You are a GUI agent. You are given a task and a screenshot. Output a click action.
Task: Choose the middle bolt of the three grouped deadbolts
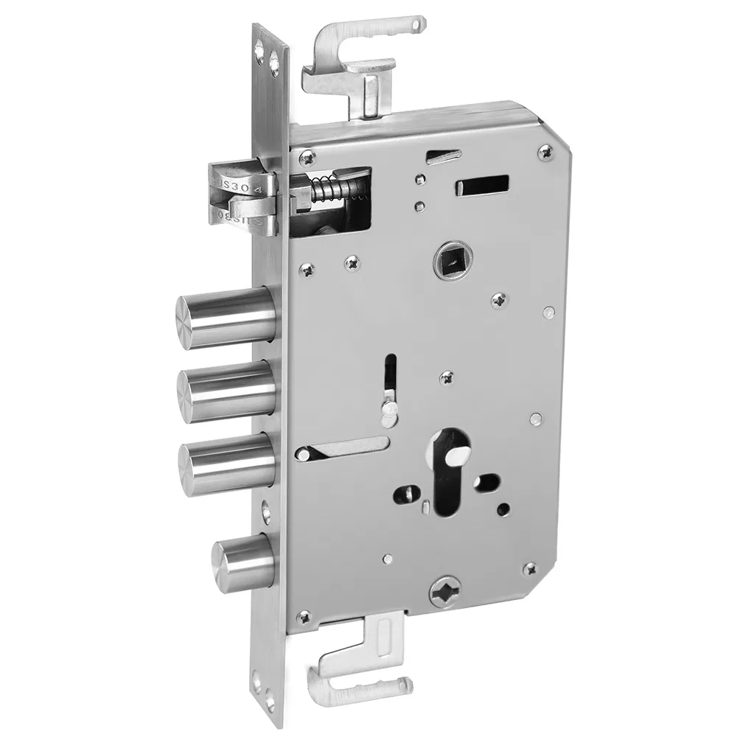point(226,389)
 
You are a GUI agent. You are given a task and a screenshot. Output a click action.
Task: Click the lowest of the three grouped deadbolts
point(226,462)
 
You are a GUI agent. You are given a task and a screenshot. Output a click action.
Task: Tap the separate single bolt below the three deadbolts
point(244,566)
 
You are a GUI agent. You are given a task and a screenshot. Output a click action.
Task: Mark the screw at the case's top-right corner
point(545,152)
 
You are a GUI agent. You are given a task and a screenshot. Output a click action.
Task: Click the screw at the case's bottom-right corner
point(529,570)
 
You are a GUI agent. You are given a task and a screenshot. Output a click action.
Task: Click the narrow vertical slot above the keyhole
point(390,376)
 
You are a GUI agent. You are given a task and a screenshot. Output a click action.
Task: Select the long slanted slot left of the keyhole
point(343,448)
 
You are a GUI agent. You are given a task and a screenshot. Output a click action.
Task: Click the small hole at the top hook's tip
point(419,25)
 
